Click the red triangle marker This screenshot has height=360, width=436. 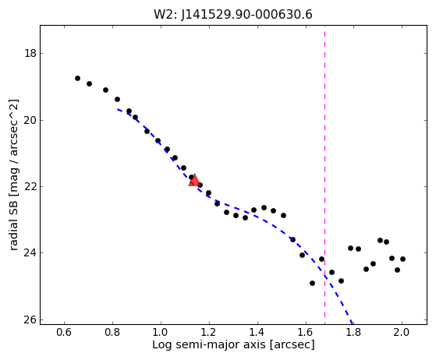pyautogui.click(x=194, y=180)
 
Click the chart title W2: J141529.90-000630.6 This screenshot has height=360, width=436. pyautogui.click(x=233, y=15)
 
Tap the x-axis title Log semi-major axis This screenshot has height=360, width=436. pyautogui.click(x=233, y=344)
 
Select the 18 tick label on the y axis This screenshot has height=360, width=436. pyautogui.click(x=30, y=53)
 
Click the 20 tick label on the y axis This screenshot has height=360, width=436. pyautogui.click(x=30, y=120)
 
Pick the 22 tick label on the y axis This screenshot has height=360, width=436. pyautogui.click(x=30, y=186)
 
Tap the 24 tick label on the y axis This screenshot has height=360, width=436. pyautogui.click(x=30, y=252)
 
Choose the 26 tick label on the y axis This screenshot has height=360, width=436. pyautogui.click(x=30, y=319)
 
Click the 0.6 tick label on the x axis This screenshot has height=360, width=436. pyautogui.click(x=64, y=332)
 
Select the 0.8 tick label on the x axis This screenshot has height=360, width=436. pyautogui.click(x=112, y=332)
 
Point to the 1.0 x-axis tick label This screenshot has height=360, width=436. pyautogui.click(x=161, y=332)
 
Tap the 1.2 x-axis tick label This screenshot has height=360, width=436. pyautogui.click(x=209, y=332)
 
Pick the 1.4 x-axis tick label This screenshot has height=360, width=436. pyautogui.click(x=257, y=332)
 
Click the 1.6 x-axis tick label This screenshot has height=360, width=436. pyautogui.click(x=306, y=332)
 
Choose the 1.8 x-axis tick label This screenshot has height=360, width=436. pyautogui.click(x=353, y=332)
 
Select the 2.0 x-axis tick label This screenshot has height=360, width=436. pyautogui.click(x=402, y=332)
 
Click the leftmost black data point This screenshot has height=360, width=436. pyautogui.click(x=77, y=79)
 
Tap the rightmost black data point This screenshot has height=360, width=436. pyautogui.click(x=402, y=259)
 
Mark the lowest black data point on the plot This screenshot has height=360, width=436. pyautogui.click(x=312, y=284)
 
